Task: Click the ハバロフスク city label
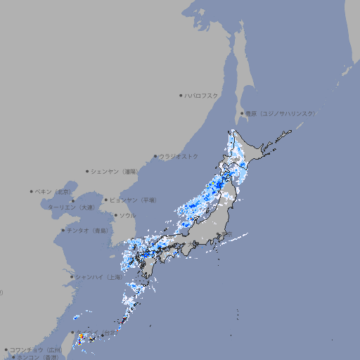(x=202, y=95)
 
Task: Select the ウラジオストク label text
(x=179, y=156)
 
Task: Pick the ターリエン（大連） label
(x=70, y=207)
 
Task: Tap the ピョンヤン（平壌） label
(x=134, y=200)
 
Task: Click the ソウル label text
(x=127, y=215)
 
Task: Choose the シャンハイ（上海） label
(x=98, y=277)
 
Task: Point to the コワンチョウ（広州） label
(x=35, y=349)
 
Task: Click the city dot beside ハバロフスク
(x=181, y=95)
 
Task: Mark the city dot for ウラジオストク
(x=155, y=156)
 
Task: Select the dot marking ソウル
(x=115, y=215)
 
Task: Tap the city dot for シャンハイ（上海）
(x=72, y=277)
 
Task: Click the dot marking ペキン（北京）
(x=32, y=191)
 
